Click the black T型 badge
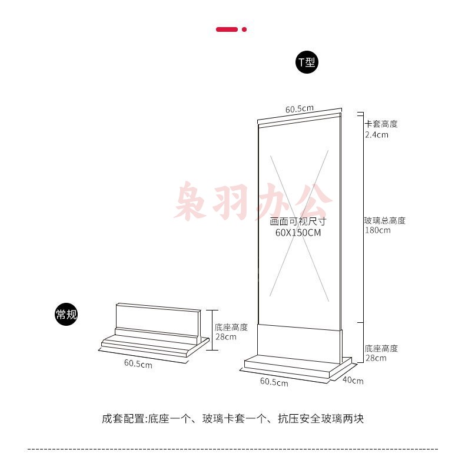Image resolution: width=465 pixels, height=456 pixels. point(306,62)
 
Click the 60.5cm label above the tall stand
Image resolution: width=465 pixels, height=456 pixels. point(299,109)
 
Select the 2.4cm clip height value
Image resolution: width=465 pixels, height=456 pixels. point(376,135)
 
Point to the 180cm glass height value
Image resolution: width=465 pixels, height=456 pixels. point(377,230)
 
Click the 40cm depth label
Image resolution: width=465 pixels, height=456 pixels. point(353,381)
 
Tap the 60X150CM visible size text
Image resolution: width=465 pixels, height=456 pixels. point(298,233)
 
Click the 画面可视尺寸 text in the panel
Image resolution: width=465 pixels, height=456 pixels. point(298,222)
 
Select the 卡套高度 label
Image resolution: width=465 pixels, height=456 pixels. point(381,124)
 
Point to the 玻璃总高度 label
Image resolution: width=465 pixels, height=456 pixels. point(384,221)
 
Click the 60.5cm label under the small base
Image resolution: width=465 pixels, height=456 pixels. point(138,364)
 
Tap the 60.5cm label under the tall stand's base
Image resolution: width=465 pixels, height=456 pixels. point(274,382)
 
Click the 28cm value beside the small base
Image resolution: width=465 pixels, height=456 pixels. point(225,337)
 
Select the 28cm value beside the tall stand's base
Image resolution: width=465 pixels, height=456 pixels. point(376,358)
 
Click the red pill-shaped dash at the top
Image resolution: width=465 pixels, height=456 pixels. point(227,29)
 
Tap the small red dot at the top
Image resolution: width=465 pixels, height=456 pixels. point(244,29)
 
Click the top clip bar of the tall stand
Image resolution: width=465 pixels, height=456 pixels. point(299,120)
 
